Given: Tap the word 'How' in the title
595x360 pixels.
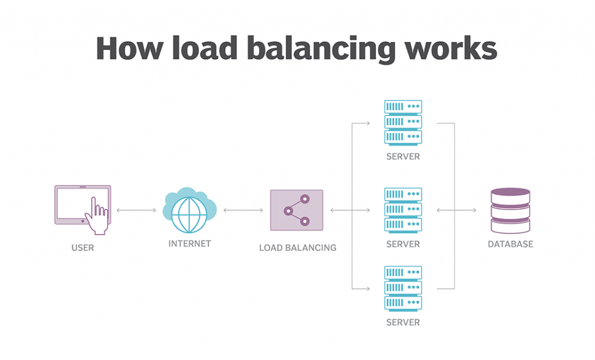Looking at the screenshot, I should coord(128,48).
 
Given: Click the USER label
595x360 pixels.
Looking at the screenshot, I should coord(83,248).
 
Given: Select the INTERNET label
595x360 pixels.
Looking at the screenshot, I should coord(189,244).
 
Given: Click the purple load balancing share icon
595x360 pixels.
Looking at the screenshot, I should coord(296,210).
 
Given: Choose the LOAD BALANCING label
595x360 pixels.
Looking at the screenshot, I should coord(297,248).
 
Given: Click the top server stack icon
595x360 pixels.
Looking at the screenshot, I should coord(403,122).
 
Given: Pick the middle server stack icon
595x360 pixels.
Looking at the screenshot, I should coord(403,210).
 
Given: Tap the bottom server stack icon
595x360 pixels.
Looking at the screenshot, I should coord(403,288).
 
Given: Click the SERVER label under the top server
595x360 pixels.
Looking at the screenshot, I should coord(403,157).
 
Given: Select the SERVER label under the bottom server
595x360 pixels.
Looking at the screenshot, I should coord(403,322).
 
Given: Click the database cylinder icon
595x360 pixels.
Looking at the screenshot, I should coord(510,210).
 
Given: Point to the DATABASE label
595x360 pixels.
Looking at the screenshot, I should coord(510,244).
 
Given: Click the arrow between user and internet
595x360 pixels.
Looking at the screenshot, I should coord(137,210).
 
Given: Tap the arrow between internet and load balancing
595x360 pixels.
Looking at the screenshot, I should coord(243,210).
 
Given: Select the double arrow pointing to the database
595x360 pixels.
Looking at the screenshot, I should coord(456,210).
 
